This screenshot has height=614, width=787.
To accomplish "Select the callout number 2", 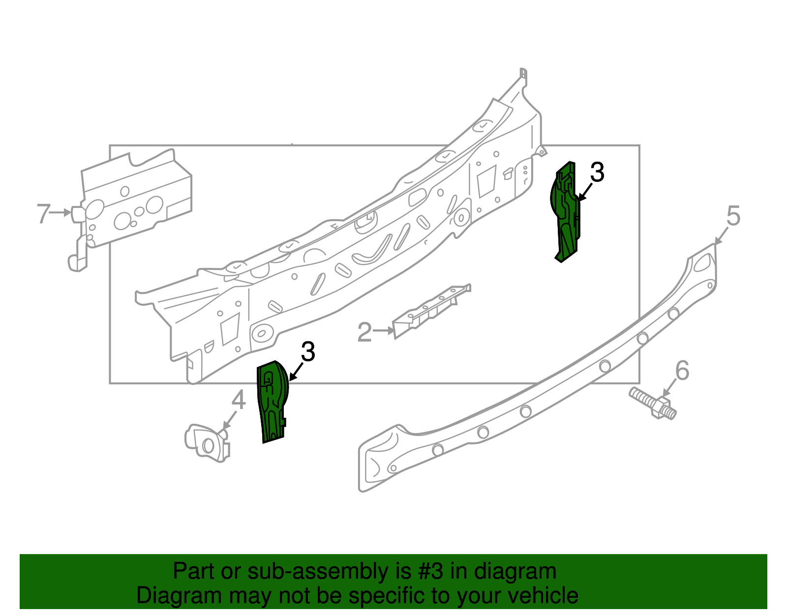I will click(364, 332).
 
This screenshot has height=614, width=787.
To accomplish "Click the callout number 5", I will click(733, 216).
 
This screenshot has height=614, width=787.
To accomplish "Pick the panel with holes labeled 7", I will click(135, 202).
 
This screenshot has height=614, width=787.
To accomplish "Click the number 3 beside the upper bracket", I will click(597, 173).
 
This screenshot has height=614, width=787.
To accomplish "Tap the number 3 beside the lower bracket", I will click(308, 352).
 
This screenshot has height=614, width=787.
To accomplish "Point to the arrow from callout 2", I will click(384, 331).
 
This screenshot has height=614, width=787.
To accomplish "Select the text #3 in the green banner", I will click(431, 572).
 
